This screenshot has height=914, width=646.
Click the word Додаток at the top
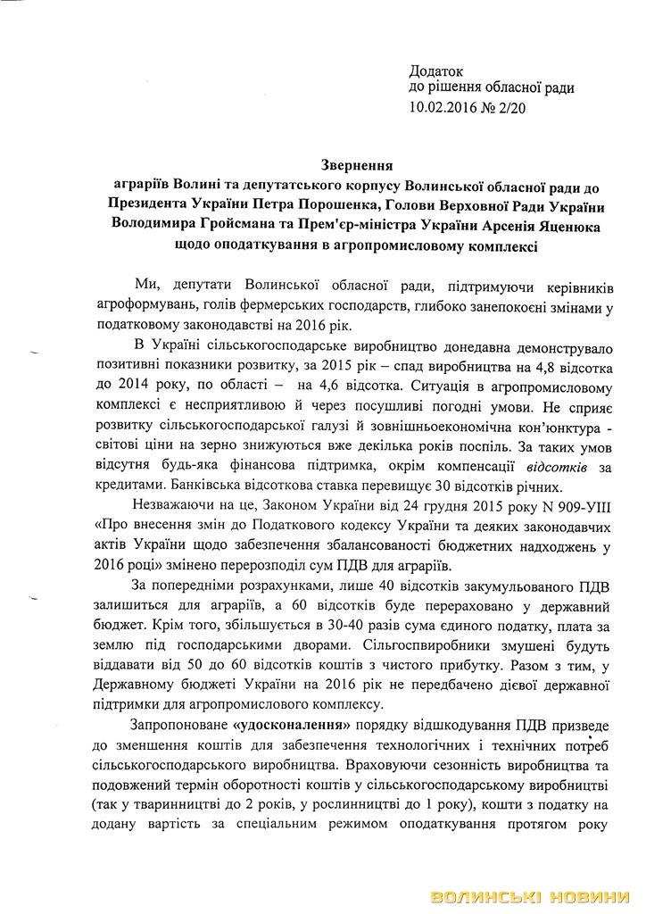tap(438, 71)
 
